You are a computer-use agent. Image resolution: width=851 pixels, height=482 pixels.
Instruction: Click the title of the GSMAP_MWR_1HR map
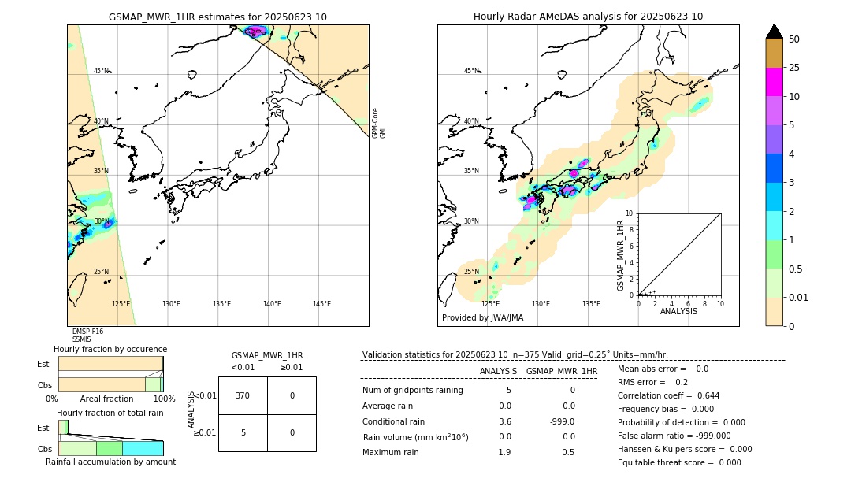pos(217,17)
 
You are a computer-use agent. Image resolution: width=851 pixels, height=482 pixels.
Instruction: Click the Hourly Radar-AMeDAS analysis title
pos(588,17)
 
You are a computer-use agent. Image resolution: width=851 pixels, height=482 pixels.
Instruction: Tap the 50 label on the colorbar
pos(794,39)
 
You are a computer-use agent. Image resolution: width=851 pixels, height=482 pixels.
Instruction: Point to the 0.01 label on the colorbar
pos(799,297)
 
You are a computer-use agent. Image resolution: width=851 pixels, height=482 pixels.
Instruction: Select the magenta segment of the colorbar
pos(774,82)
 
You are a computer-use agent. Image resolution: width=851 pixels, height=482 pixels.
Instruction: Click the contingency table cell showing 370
pos(243,395)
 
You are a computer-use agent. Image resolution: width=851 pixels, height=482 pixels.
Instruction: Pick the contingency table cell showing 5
pos(243,432)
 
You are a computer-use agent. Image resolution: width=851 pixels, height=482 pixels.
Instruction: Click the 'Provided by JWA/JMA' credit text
pos(482,318)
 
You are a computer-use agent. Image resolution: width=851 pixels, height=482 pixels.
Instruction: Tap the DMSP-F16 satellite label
pos(87,332)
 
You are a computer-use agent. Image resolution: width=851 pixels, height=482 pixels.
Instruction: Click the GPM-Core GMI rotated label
pos(379,123)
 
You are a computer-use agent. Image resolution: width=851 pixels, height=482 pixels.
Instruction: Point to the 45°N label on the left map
pos(102,71)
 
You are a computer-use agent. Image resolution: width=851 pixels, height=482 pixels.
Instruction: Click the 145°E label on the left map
pos(321,304)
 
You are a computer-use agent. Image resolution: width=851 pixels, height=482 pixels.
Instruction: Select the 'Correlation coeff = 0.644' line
pos(668,395)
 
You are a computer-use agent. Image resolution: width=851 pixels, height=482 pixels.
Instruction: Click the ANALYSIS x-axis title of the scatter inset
pos(678,311)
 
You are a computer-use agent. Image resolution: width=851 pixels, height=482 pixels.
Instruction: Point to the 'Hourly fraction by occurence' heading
pos(110,349)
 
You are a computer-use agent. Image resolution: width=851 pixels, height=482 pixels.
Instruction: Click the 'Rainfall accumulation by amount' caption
pos(110,462)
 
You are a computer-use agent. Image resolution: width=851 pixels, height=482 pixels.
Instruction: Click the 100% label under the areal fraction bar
pos(164,399)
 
